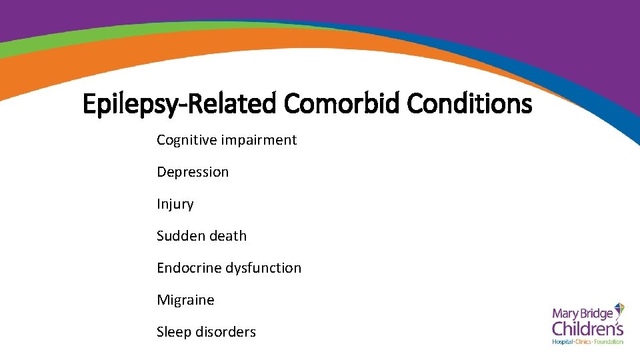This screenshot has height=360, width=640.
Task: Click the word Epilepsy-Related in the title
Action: click(179, 105)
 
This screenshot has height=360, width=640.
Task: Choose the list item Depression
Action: click(193, 172)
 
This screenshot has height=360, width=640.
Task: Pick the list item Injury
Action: click(175, 204)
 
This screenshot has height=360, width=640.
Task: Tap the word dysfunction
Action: click(263, 268)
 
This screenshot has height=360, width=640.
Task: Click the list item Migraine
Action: click(185, 300)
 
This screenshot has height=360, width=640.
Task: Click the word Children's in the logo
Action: click(587, 329)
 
